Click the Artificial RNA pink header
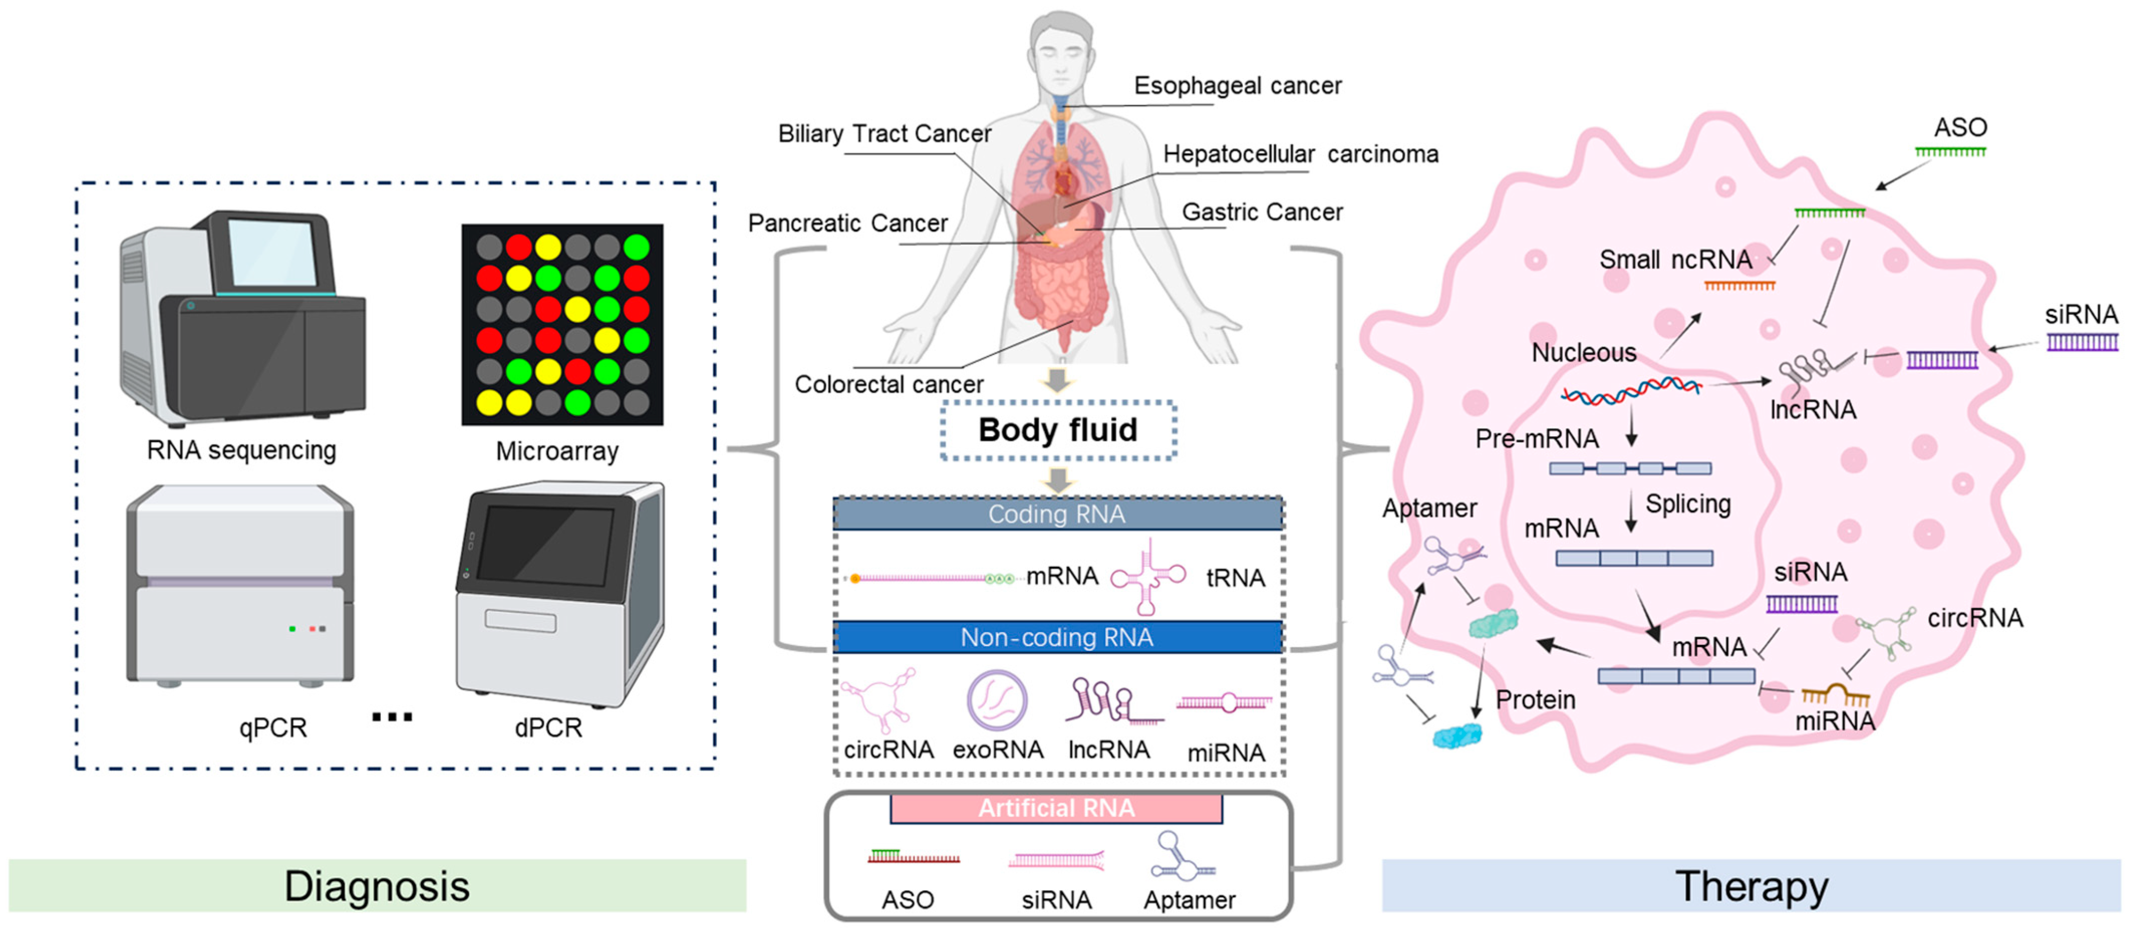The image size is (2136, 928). tap(1056, 808)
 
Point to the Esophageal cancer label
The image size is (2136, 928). tap(1237, 85)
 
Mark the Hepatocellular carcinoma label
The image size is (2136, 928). tap(1300, 154)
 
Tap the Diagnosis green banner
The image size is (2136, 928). tap(377, 886)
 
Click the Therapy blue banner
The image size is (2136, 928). tap(1751, 886)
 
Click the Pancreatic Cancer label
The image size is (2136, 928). tap(847, 223)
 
